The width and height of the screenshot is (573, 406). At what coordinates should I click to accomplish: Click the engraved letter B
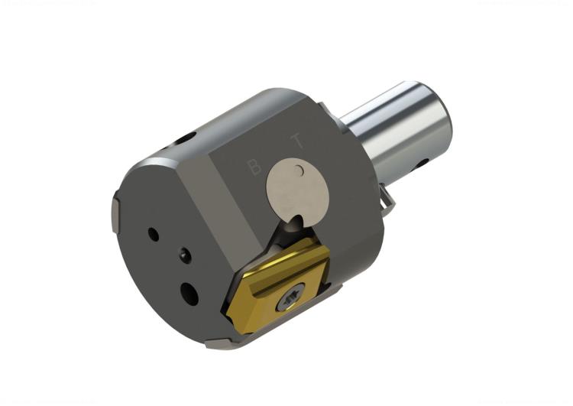coord(255,167)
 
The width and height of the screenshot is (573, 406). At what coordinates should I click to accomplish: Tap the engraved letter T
coord(296,141)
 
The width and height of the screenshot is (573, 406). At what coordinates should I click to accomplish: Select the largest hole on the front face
coord(188,291)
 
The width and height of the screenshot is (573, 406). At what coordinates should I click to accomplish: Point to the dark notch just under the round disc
coord(294,224)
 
